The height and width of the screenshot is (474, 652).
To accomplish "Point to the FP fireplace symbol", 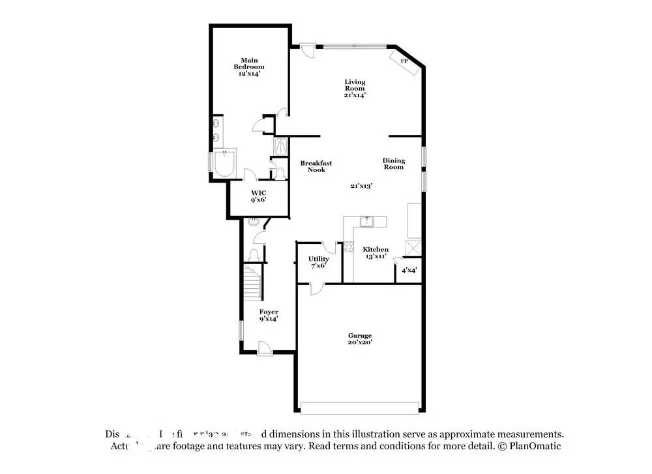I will tap(404, 61).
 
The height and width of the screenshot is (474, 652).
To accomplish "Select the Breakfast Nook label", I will tap(316, 166).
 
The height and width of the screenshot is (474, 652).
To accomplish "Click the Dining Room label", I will tap(393, 164).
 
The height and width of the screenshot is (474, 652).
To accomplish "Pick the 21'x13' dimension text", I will tap(361, 186).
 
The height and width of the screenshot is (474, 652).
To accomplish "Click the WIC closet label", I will tap(259, 196).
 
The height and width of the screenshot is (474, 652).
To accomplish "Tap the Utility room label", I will tap(318, 261).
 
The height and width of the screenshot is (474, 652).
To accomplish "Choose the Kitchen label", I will tap(376, 253).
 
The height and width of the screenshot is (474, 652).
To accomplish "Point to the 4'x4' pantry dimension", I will tap(409, 270).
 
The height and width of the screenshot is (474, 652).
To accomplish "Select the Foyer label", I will tap(269, 316).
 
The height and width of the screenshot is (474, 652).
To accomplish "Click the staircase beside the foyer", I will tap(252, 282).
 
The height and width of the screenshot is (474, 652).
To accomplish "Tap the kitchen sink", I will tap(367, 222).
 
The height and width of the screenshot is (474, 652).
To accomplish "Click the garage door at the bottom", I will tap(359, 407).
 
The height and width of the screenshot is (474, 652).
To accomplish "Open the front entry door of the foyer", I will tap(265, 349).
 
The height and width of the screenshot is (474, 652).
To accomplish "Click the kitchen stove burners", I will tap(349, 248).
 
